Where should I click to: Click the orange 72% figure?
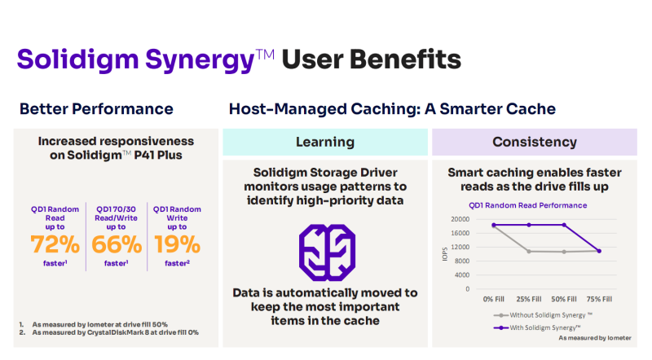pos(55,244)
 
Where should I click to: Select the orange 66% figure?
pos(117,244)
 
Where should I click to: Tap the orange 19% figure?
pos(178,244)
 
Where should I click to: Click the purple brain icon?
pos(328,252)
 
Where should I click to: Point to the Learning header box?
pos(325,143)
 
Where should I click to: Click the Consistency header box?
pos(535,143)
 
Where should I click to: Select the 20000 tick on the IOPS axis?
pos(460,219)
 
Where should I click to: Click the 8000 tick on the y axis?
pos(461,261)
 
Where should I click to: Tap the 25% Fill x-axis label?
pos(529,299)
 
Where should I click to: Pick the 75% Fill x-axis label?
pos(599,299)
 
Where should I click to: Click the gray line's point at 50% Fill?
pos(564,252)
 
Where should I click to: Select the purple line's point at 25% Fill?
pos(529,225)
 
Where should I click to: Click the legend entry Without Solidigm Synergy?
pos(543,315)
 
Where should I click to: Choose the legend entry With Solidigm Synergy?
pos(537,327)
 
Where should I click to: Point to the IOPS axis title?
pos(445,254)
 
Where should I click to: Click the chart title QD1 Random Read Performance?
pos(527,205)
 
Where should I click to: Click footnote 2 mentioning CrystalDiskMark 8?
pos(109,332)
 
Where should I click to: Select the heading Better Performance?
pos(96,109)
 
